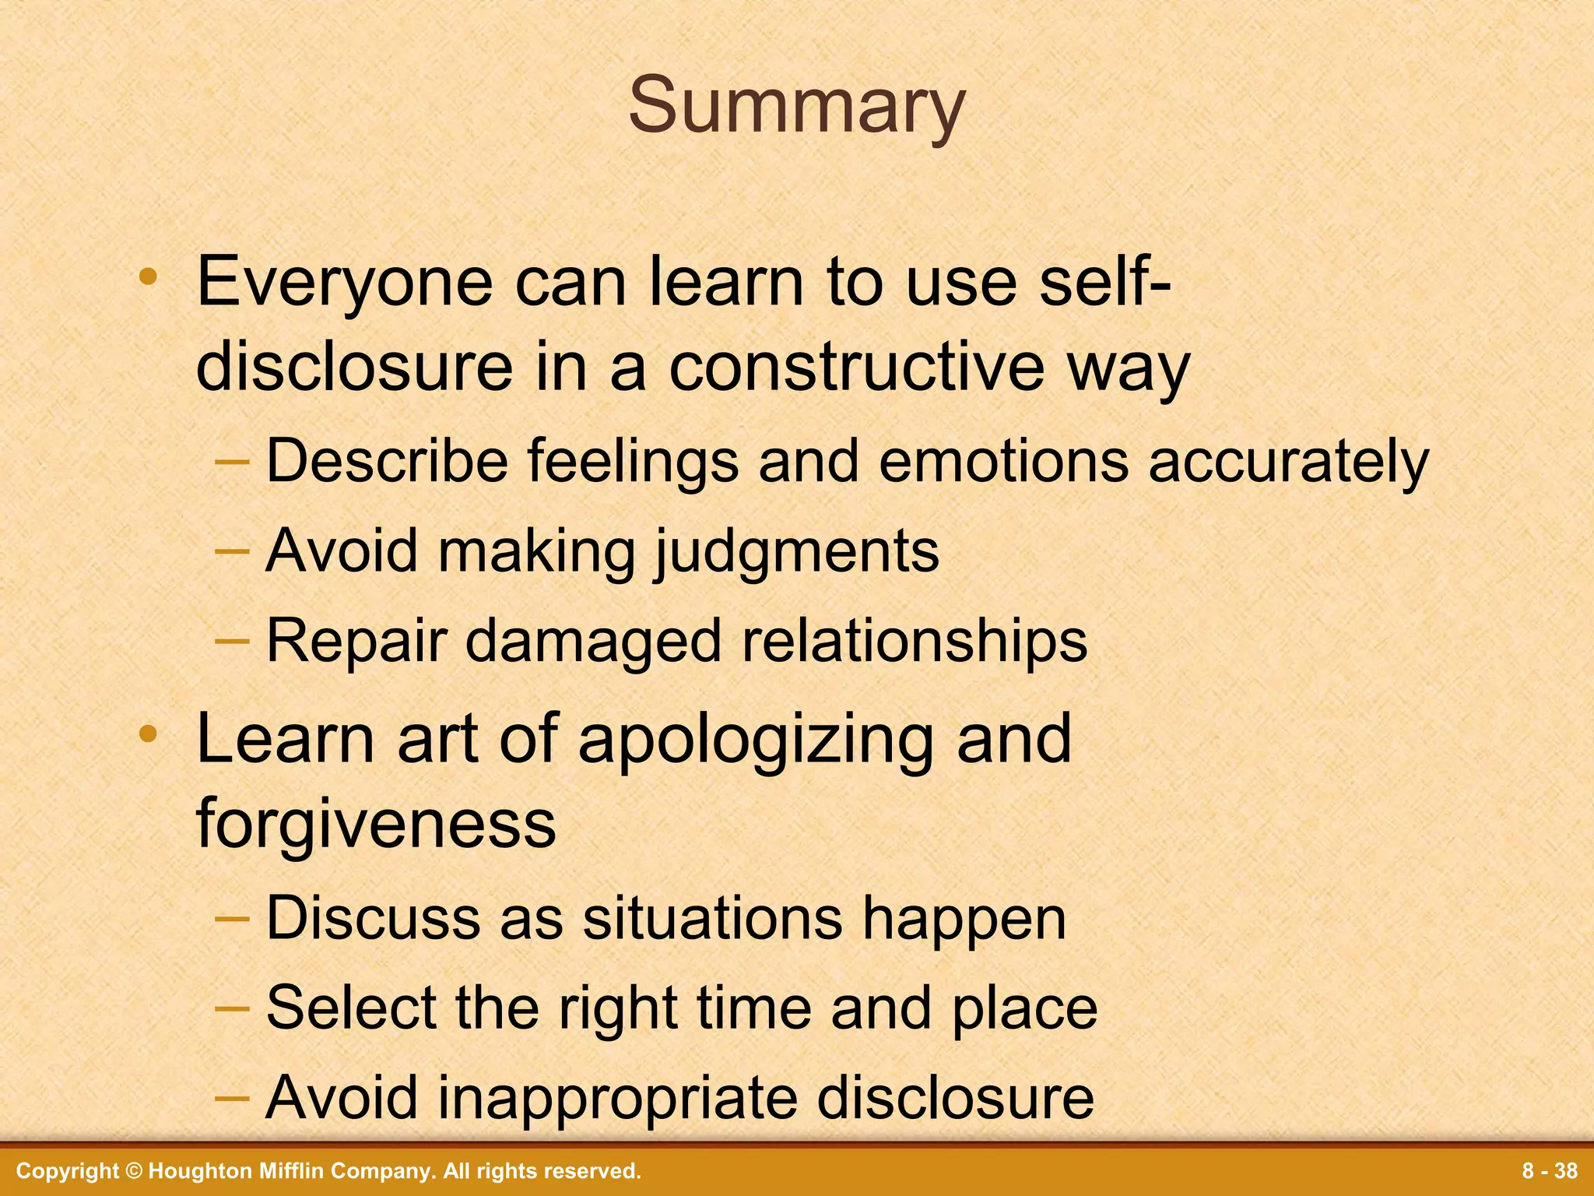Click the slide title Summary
(796, 107)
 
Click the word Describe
(387, 461)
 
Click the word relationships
(914, 642)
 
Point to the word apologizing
(756, 740)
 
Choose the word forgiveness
(376, 823)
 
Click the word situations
(712, 919)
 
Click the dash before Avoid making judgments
(232, 551)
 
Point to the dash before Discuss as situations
(232, 919)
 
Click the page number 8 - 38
(1550, 1171)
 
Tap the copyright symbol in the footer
(135, 1171)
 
